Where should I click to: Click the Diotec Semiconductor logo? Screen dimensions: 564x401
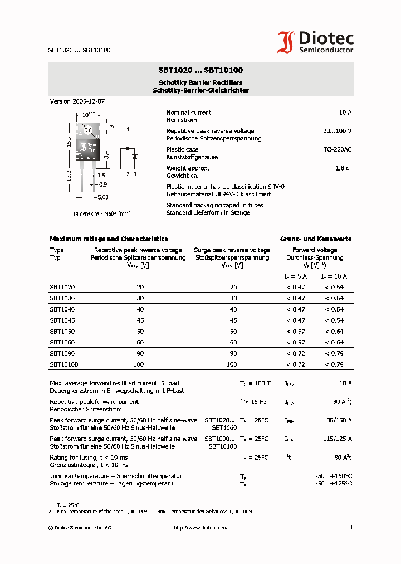point(316,42)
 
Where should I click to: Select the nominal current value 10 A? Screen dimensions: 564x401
point(345,113)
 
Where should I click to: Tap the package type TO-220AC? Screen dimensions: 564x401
point(338,149)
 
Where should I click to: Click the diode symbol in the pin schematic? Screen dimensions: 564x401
point(134,157)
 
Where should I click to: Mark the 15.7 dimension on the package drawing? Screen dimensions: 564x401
point(69,142)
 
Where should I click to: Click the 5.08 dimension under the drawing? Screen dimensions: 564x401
point(101,197)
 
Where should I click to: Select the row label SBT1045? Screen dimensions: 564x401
point(62,320)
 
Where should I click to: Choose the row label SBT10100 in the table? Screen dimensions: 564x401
point(64,364)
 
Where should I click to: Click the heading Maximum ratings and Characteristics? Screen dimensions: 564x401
point(109,239)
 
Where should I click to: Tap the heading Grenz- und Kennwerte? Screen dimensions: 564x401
point(316,239)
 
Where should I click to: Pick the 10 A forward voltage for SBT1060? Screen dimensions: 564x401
point(334,342)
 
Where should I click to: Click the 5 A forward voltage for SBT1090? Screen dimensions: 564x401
point(296,353)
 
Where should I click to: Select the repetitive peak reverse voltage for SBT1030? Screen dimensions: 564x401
point(140,298)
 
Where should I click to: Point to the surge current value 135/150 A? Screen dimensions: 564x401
point(338,420)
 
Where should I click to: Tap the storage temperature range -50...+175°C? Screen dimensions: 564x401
point(334,483)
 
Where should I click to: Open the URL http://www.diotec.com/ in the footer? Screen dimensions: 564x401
point(200,528)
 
